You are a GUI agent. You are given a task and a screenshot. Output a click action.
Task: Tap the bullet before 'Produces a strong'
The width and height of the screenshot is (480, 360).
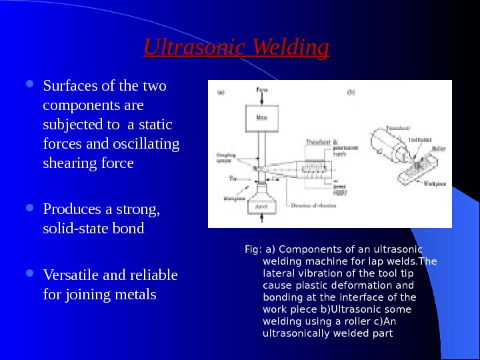click(34, 209)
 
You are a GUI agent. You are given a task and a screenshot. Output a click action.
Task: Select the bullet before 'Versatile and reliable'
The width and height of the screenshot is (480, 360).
click(34, 275)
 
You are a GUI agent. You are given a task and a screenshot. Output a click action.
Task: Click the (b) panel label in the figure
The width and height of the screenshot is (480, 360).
click(351, 92)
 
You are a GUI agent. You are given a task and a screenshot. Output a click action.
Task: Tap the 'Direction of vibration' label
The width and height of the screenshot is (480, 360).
click(313, 205)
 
